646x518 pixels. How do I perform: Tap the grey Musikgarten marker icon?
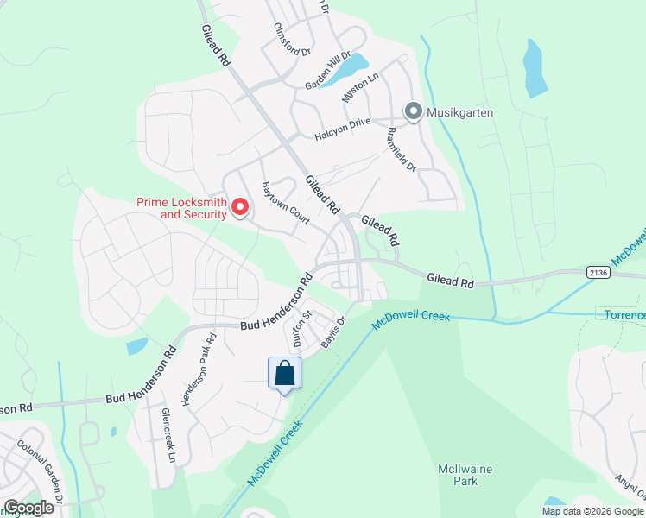coord(413,111)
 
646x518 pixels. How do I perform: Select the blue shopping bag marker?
coord(285,374)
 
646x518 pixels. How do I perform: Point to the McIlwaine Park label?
coord(464,475)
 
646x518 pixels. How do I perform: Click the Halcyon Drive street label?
coord(342,123)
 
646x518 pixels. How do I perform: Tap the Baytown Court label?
coord(286,201)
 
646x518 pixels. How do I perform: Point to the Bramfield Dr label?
coord(402,149)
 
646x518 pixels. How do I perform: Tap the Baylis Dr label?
coord(333,333)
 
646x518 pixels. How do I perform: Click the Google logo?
coord(28,508)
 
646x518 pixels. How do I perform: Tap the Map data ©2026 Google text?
coord(592,510)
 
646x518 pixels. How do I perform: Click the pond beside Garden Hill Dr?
coord(350,66)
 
